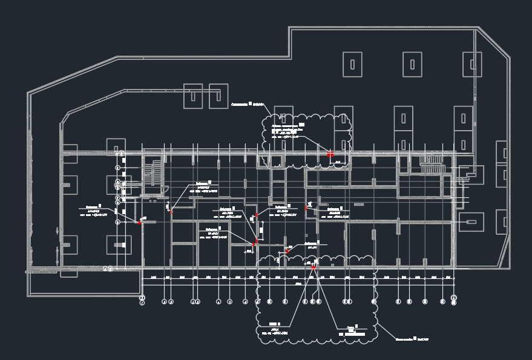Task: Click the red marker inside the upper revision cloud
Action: point(330,154)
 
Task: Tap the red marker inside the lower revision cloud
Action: point(314,267)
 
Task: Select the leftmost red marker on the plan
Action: point(139,223)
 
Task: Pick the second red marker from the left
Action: point(172,212)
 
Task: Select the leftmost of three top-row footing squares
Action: point(352,64)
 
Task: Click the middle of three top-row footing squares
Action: point(412,64)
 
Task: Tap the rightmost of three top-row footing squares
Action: point(472,64)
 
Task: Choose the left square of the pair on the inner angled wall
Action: point(192,96)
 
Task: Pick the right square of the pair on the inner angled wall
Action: point(218,96)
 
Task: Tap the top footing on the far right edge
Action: point(501,151)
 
